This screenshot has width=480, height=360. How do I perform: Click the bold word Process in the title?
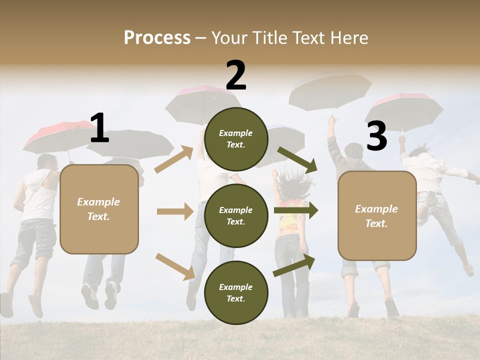157,37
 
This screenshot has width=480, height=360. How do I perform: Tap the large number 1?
99,128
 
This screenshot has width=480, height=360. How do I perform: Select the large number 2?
236,75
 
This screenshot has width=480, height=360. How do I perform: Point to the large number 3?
376,136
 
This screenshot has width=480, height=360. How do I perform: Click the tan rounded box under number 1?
99,209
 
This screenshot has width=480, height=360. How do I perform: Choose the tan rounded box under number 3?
377,215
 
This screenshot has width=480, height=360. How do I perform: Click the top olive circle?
236,139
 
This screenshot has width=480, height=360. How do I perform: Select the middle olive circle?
236,215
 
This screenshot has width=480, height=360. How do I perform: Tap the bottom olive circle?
236,292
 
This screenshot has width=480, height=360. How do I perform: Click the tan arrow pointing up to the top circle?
173,159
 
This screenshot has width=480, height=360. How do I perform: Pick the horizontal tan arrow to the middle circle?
175,211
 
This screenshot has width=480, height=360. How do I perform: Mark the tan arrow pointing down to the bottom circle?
175,266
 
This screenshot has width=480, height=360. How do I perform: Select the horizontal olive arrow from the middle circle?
296,210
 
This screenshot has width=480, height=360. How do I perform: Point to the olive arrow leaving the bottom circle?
294,265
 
